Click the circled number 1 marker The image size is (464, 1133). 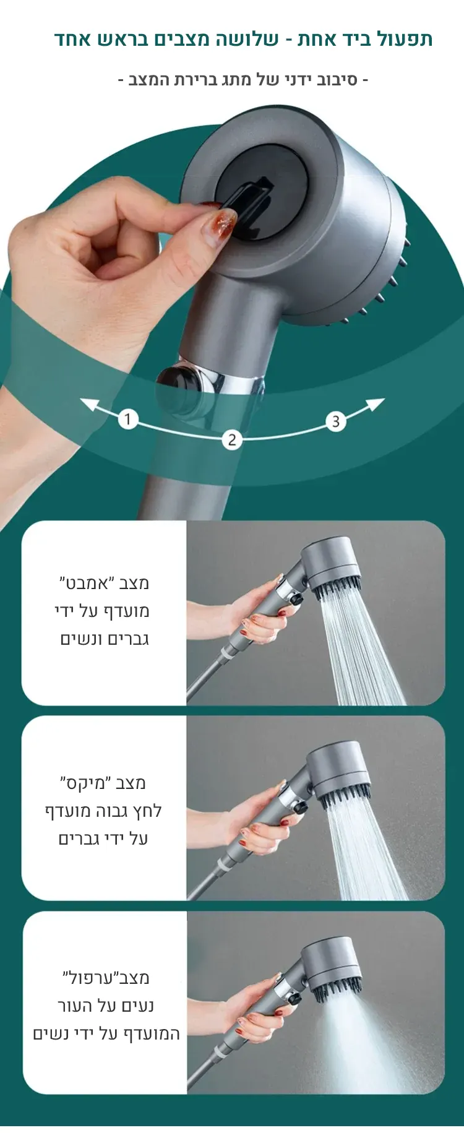(127, 420)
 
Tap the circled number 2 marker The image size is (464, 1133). (232, 440)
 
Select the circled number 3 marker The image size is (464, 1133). (336, 422)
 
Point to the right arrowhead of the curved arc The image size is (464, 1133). (376, 405)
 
